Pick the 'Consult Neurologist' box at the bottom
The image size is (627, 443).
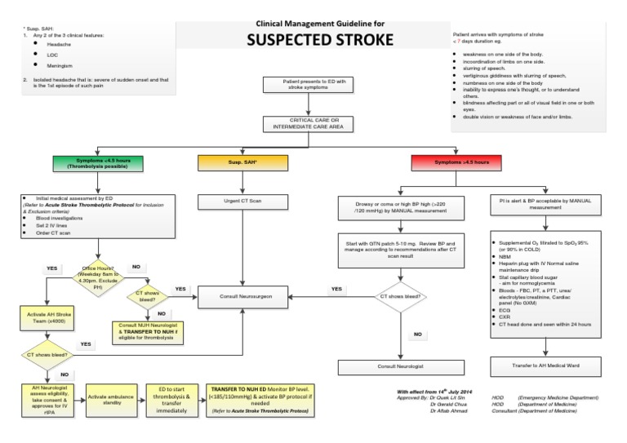399,367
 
